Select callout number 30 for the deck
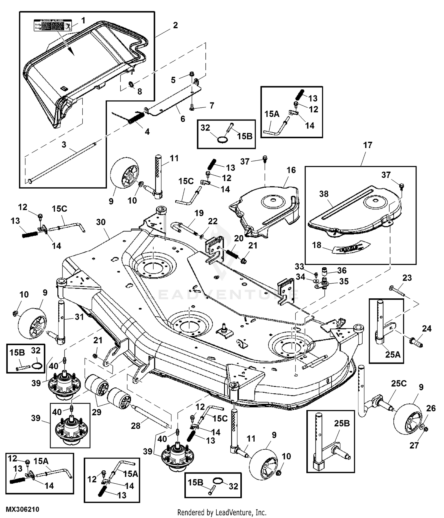(x=101, y=222)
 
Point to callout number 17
(x=367, y=145)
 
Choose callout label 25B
(x=342, y=423)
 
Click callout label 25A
(x=392, y=354)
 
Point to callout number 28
(x=136, y=426)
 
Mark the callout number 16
(x=291, y=170)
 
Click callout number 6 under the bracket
(x=183, y=119)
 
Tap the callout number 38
(x=324, y=194)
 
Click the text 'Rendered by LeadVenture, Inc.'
(x=222, y=512)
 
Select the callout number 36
(x=342, y=270)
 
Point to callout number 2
(x=175, y=25)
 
